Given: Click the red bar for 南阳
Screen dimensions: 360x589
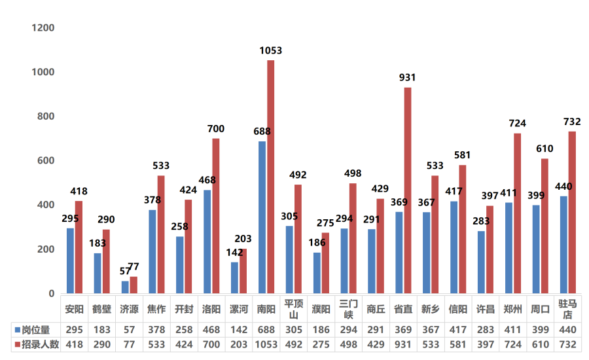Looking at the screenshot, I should tap(270, 177).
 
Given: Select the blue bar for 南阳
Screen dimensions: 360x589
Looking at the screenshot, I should tap(262, 217).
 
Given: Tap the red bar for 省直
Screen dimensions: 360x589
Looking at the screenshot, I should tap(407, 190).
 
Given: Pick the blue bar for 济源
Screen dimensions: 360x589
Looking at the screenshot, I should tap(125, 287).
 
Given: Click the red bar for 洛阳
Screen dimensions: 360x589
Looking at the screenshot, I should tap(216, 216).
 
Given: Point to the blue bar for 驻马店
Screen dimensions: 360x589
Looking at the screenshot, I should tap(563, 245).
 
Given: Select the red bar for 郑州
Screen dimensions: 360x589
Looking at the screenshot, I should tap(517, 213).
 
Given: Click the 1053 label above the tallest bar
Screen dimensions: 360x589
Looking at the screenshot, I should tap(270, 50).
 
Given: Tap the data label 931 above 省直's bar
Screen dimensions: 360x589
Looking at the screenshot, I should tap(407, 77).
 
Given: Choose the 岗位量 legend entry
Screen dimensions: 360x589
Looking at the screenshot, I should tap(32, 330).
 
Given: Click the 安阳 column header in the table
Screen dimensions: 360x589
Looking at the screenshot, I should tap(75, 309).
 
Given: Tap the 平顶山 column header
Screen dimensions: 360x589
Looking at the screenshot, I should tap(293, 309).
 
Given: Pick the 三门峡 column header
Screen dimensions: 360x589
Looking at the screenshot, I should tap(348, 309).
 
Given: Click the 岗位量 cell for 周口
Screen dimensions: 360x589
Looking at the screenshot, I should tap(541, 330).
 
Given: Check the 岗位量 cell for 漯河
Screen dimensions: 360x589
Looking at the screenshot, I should tap(239, 330).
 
